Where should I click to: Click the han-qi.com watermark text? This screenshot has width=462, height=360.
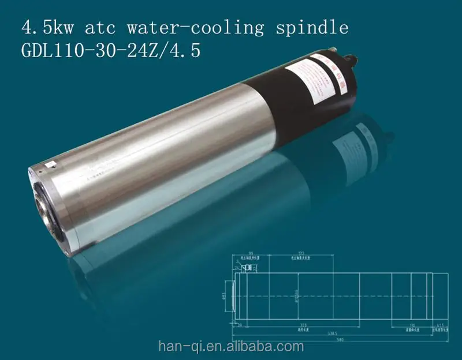click(x=231, y=346)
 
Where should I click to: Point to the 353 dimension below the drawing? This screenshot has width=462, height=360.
click(x=303, y=325)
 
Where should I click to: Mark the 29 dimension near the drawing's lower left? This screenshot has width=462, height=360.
click(x=239, y=325)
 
